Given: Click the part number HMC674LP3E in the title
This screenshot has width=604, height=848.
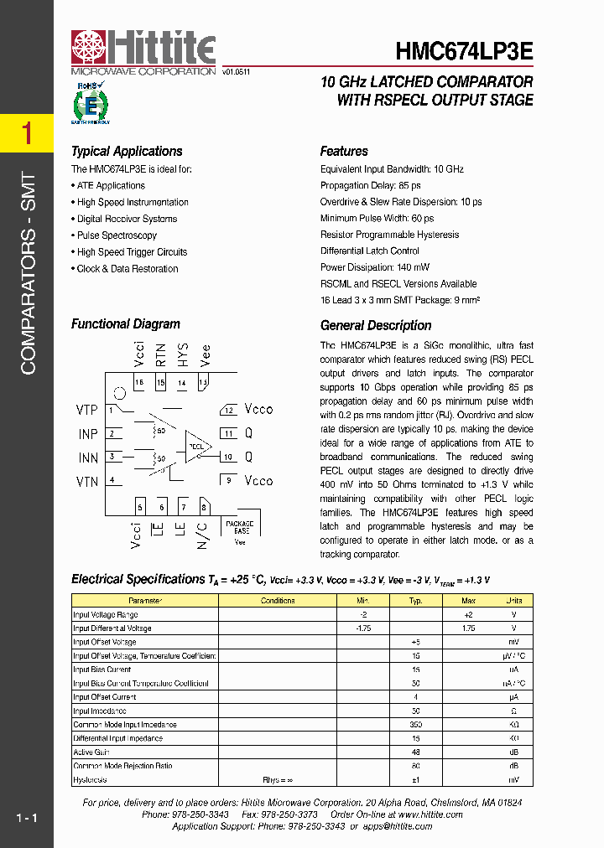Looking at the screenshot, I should tap(464, 50).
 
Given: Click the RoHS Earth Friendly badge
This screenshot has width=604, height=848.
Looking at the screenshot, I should tap(90, 103).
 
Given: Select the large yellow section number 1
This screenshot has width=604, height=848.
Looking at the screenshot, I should tap(27, 133).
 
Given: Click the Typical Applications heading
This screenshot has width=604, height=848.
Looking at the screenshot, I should tap(127, 152).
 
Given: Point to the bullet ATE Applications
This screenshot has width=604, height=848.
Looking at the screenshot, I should tap(111, 185).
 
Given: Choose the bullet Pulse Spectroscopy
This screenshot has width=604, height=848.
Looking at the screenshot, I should tap(117, 235).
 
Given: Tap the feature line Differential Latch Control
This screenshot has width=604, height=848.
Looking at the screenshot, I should tap(370, 251).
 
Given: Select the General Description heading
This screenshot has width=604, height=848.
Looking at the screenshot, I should tap(376, 325).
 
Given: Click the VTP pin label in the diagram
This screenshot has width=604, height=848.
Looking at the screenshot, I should tap(87, 410).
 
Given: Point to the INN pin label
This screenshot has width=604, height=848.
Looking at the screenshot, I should tap(88, 458).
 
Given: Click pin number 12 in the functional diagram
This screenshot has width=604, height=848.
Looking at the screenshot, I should tap(228, 410).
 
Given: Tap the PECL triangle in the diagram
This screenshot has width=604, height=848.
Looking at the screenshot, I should tap(198, 447).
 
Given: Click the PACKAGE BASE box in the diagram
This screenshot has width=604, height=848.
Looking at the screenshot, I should tap(239, 529).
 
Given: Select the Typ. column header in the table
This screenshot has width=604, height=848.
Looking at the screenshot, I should tap(414, 601).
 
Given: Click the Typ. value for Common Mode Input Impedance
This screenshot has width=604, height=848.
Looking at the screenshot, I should tap(414, 724).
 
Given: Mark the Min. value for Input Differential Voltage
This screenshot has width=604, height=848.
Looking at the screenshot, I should tap(363, 628).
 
